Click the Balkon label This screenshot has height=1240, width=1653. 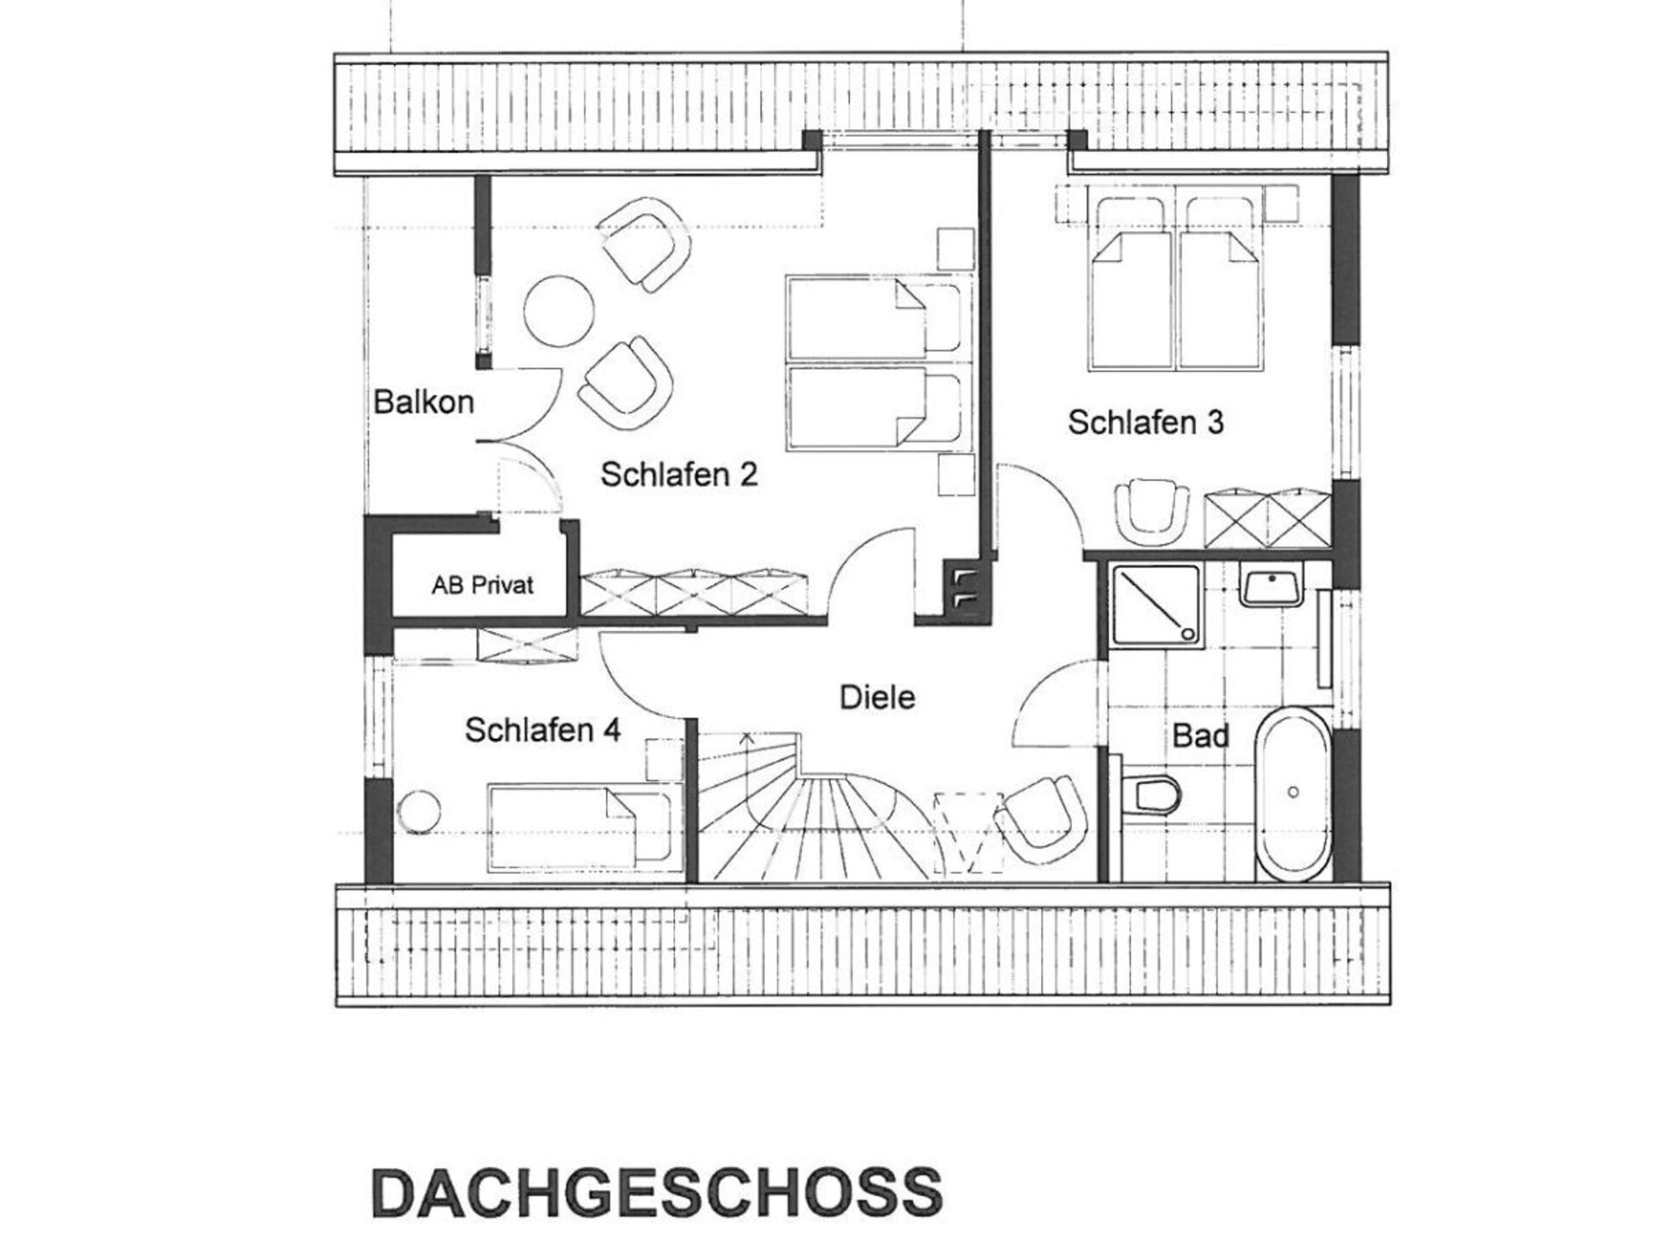click(424, 402)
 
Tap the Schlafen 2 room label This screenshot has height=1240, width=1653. click(678, 474)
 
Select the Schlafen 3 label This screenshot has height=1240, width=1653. click(1145, 422)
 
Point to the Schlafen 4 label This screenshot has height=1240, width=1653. click(542, 730)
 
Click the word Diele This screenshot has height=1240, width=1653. click(877, 697)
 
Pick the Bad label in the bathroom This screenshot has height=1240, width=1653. click(1200, 736)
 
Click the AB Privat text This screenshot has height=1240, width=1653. click(482, 586)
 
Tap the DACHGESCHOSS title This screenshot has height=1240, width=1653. click(658, 1193)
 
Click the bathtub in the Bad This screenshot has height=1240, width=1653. click(1292, 794)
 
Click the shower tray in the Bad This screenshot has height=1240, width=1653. click(1156, 604)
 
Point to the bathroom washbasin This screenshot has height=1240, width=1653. click(1272, 586)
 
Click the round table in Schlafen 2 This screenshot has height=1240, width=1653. click(560, 311)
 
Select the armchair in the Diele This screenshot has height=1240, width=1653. click(1040, 818)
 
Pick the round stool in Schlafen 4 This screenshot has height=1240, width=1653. click(419, 811)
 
